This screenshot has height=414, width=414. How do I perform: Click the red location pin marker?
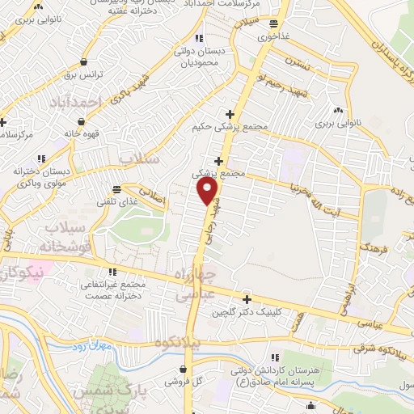[208, 191]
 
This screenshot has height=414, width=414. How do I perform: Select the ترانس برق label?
[81, 74]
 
